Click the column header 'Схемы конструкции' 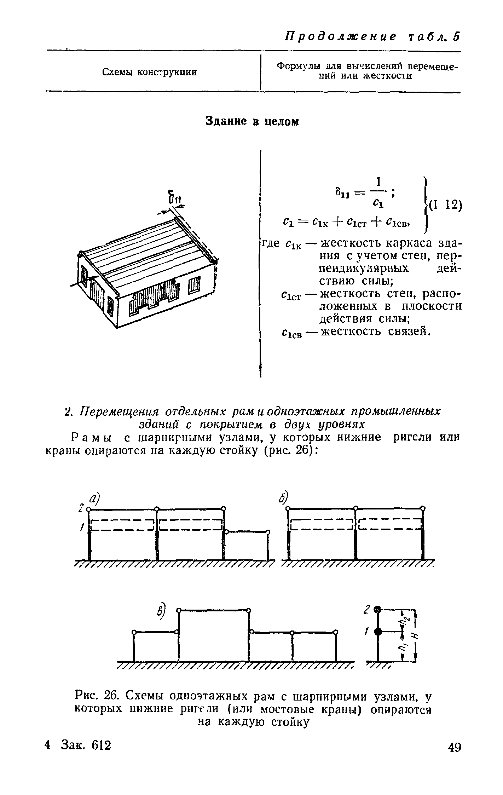click(149, 73)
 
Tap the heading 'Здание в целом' click(252, 122)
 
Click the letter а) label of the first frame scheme click(94, 500)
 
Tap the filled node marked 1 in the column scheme click(378, 632)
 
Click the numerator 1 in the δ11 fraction click(378, 182)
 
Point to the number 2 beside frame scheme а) click(81, 508)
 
